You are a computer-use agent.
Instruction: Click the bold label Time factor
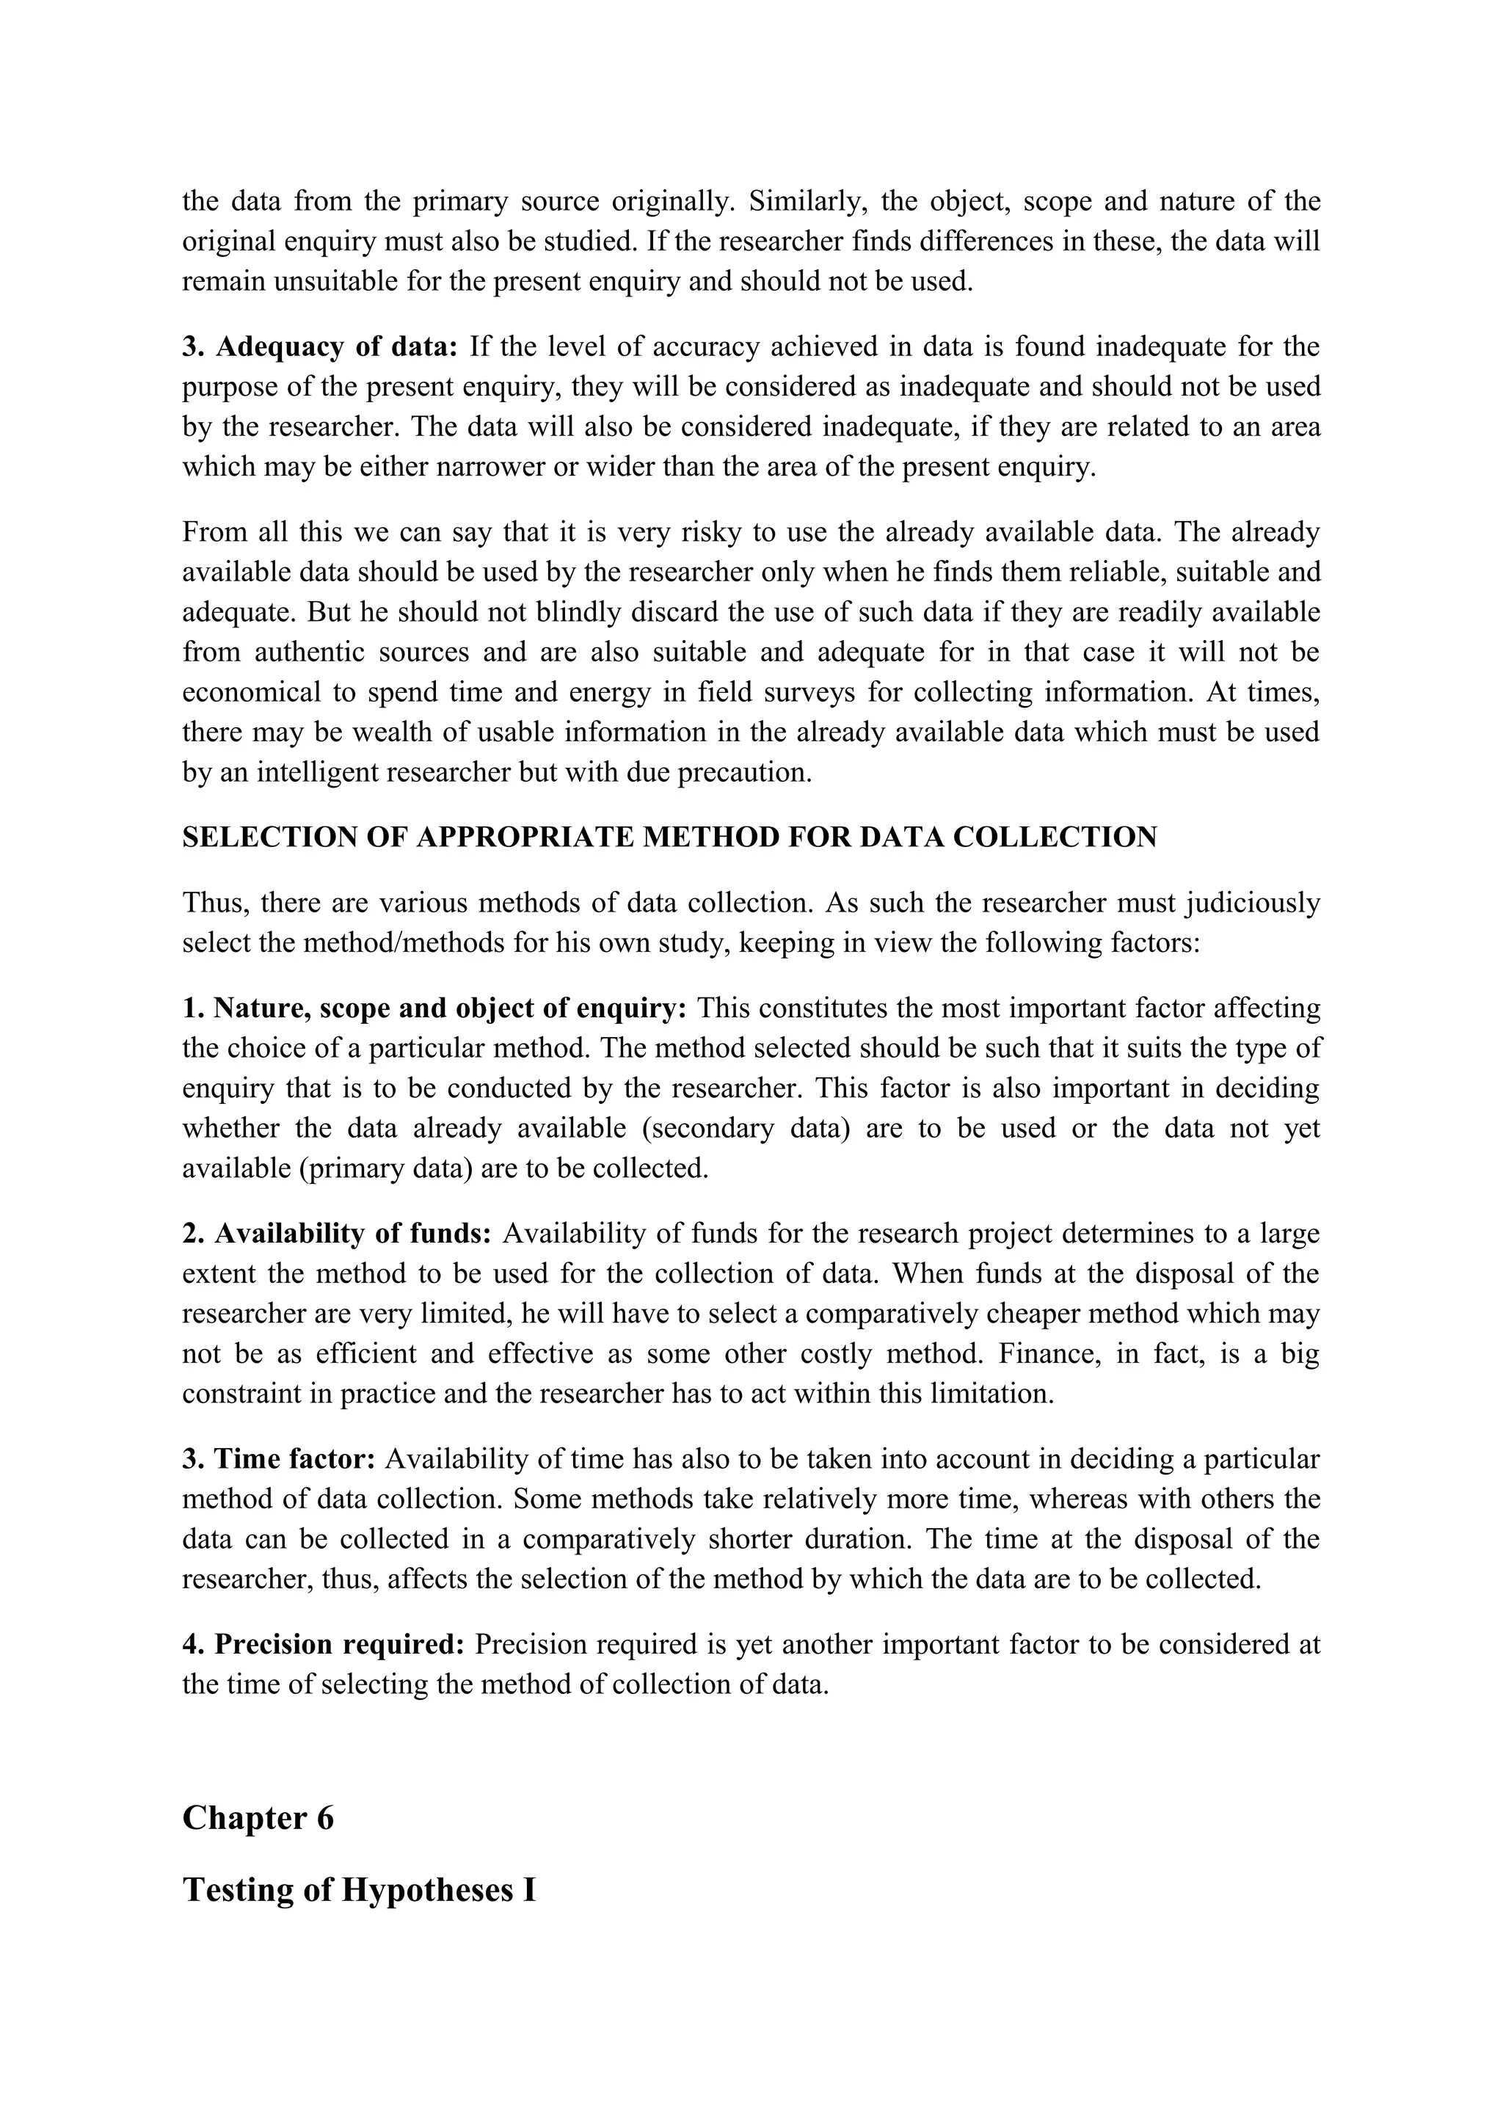tap(294, 1459)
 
